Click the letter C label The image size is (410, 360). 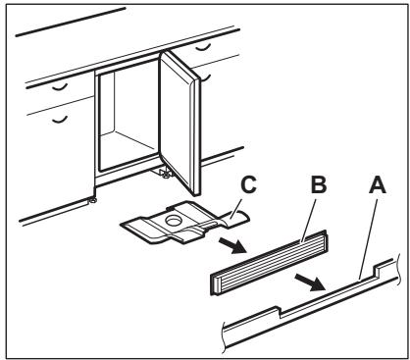coord(248,184)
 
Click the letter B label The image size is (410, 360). coord(319,184)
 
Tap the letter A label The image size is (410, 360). coord(378,184)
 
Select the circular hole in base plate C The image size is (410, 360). coord(174,220)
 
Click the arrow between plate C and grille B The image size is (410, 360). coord(231,245)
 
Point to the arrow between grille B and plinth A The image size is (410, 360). coord(310,283)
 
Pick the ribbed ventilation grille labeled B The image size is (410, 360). coord(268,262)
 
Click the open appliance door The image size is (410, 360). coord(179,123)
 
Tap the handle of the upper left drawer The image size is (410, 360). coord(60,87)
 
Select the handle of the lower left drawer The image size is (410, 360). coord(60,120)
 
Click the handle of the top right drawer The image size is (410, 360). coord(203,48)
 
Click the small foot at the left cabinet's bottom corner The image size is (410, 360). coord(93,200)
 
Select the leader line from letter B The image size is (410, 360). coord(308,221)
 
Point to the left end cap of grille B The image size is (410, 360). coord(215,283)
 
